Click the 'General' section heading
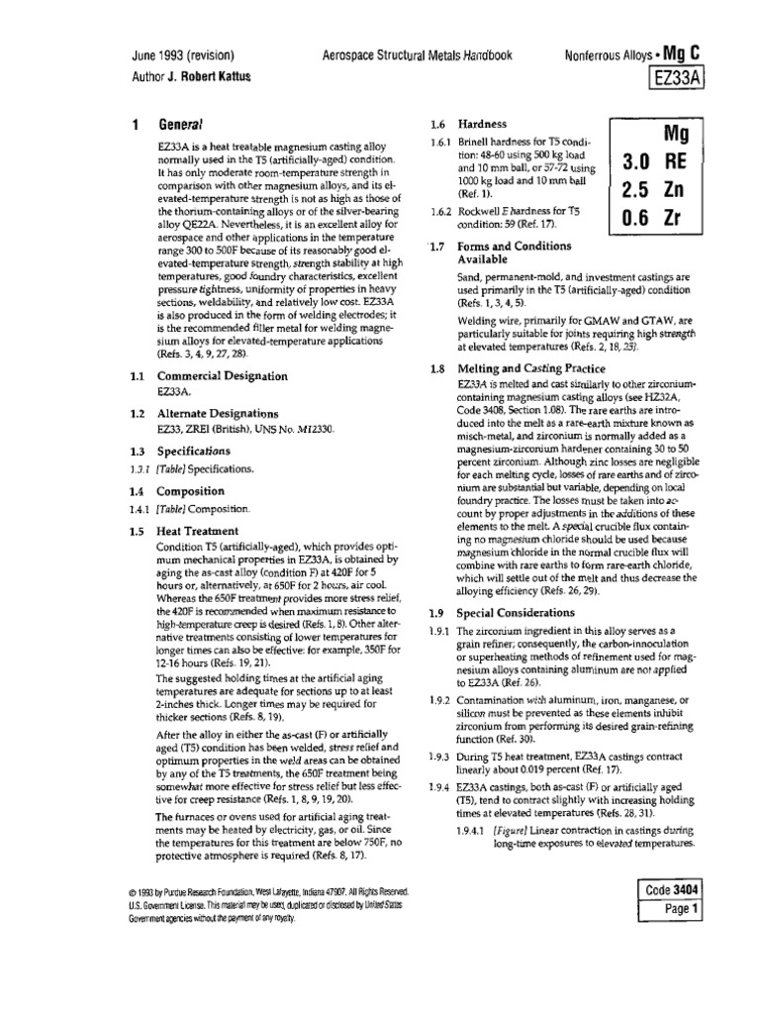point(181,126)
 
